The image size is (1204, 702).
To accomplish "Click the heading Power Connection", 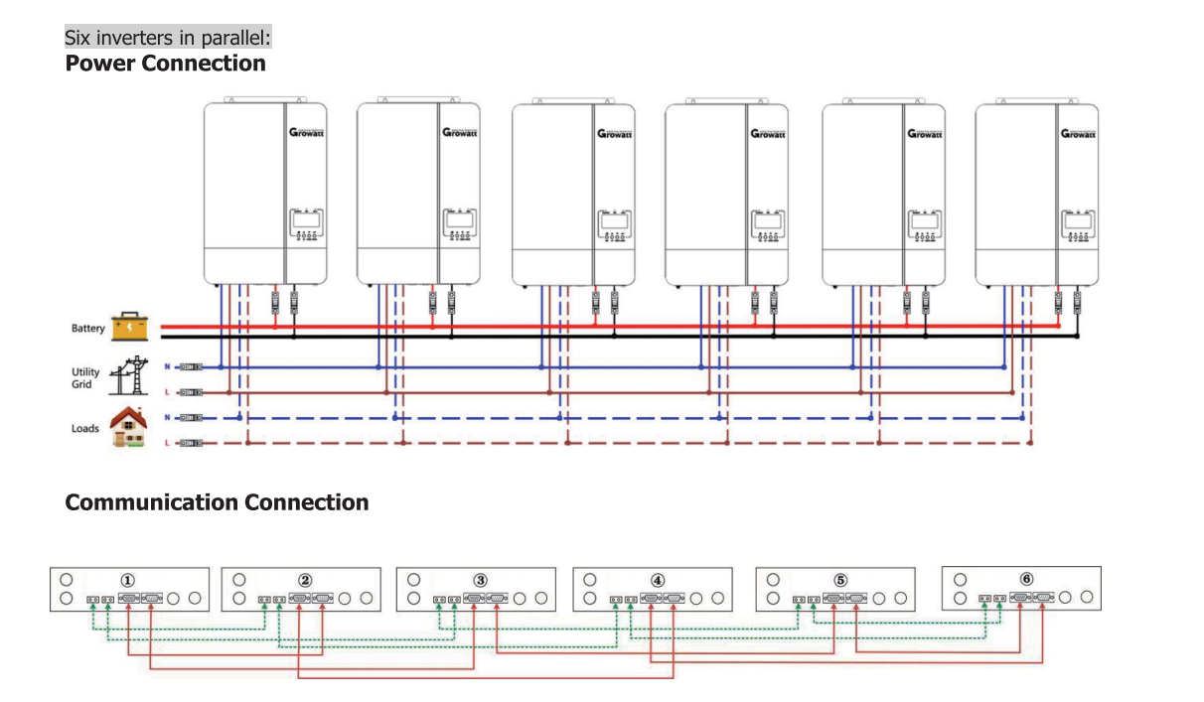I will [x=165, y=64].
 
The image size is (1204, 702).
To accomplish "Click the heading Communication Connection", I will [x=217, y=502].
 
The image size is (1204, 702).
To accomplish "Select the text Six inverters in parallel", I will [x=168, y=38].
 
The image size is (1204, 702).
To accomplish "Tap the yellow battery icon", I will [x=130, y=327].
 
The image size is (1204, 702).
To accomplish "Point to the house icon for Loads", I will [x=129, y=427].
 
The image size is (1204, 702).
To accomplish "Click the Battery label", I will [x=87, y=329].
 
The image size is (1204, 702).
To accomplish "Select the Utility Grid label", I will [x=85, y=378].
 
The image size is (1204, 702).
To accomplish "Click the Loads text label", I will [x=85, y=429].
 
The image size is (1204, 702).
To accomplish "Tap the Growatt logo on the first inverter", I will [x=307, y=133].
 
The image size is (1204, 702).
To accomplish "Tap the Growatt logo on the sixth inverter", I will [x=1079, y=133].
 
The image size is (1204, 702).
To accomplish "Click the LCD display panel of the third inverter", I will [x=615, y=219].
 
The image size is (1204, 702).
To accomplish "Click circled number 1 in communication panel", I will [x=127, y=580].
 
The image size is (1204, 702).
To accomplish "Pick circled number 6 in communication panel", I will [x=1026, y=579].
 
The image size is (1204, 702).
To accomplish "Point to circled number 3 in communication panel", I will [x=480, y=580].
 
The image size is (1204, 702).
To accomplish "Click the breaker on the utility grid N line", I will [x=191, y=367].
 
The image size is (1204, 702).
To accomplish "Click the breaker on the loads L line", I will [x=191, y=443].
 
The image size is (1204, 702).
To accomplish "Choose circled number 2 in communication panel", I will [x=305, y=580].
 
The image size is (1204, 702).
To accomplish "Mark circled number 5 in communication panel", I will [x=840, y=580].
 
